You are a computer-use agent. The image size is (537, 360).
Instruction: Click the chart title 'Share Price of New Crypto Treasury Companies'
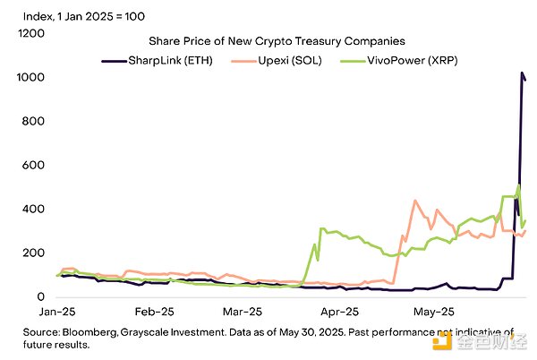(x=277, y=41)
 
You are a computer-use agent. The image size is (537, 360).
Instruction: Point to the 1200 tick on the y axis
(x=30, y=34)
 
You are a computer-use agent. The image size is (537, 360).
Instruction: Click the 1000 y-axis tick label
(x=30, y=78)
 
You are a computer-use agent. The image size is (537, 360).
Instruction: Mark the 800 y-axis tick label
(x=32, y=122)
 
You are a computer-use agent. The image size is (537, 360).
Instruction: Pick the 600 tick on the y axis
(x=32, y=166)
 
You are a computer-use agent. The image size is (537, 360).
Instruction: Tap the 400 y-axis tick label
(x=32, y=210)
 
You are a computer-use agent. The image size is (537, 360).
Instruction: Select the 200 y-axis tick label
(x=32, y=253)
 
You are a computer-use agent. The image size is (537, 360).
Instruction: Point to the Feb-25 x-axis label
(x=153, y=313)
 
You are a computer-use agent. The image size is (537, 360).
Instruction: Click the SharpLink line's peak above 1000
(x=522, y=73)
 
